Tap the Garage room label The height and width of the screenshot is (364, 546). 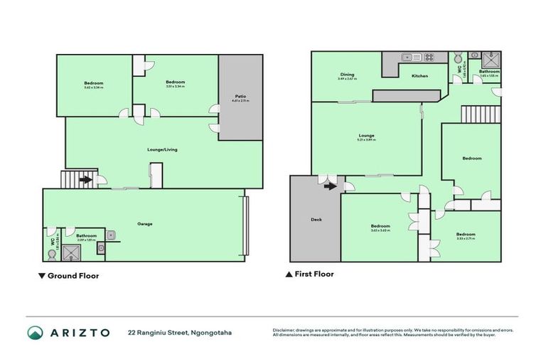[x=146, y=224]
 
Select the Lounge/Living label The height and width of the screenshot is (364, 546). [x=156, y=150]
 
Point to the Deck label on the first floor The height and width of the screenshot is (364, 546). [x=316, y=220]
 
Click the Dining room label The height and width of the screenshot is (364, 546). [x=347, y=74]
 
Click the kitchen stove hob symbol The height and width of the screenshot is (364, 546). [x=429, y=58]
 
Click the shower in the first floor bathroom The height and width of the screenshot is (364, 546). [x=491, y=59]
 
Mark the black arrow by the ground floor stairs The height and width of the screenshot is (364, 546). [x=85, y=180]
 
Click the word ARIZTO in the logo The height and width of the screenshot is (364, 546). [x=79, y=333]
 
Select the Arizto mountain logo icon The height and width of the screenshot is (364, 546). [x=36, y=333]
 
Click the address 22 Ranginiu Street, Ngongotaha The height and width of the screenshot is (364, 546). [x=180, y=333]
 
